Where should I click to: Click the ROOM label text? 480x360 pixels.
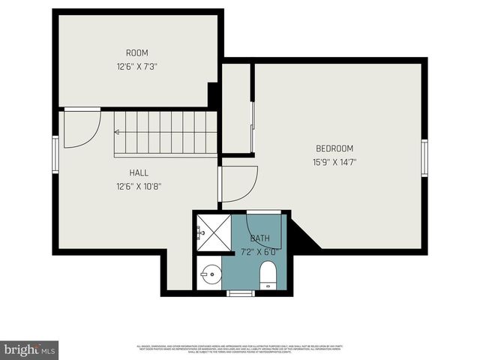coord(136,53)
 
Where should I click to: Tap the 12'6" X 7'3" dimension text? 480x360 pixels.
coord(136,66)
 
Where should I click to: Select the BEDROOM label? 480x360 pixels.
coord(334,148)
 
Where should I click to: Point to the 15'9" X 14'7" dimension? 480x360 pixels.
coord(334,161)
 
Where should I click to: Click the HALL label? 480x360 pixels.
coord(139,172)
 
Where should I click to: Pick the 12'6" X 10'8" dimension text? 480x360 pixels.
coord(139,186)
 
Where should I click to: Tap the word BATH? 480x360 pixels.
coord(260,238)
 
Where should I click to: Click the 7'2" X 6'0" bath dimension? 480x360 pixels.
coord(260,251)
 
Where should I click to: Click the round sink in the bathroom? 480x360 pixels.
coord(210,276)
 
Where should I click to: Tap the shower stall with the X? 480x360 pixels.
coord(213,233)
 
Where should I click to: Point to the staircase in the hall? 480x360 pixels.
coord(166,133)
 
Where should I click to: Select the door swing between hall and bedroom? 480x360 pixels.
coord(238,184)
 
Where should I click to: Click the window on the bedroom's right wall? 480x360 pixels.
coord(424,157)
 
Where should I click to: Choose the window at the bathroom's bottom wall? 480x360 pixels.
coord(241,293)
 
